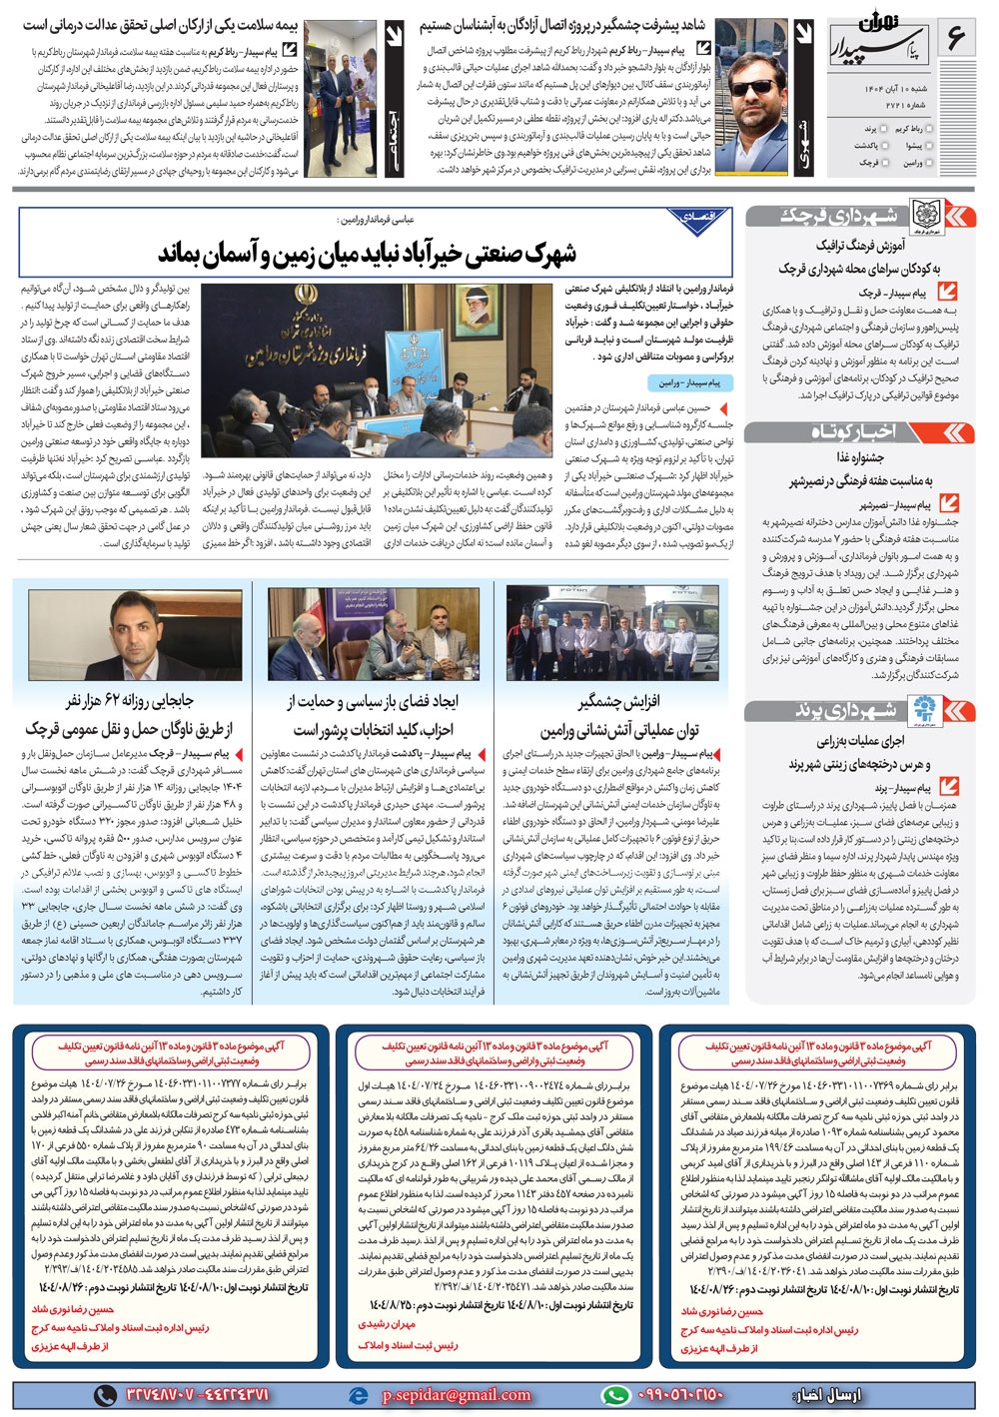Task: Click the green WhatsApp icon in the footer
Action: (615, 1395)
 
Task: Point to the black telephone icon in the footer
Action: (105, 1395)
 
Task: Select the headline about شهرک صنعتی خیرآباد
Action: (367, 254)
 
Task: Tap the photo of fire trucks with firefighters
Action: (610, 633)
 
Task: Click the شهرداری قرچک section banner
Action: (858, 216)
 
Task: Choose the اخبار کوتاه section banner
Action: (858, 431)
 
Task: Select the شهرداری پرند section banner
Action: (858, 711)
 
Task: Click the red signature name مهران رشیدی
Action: (387, 1324)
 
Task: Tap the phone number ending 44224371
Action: (194, 1395)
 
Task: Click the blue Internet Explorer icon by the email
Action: (359, 1395)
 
